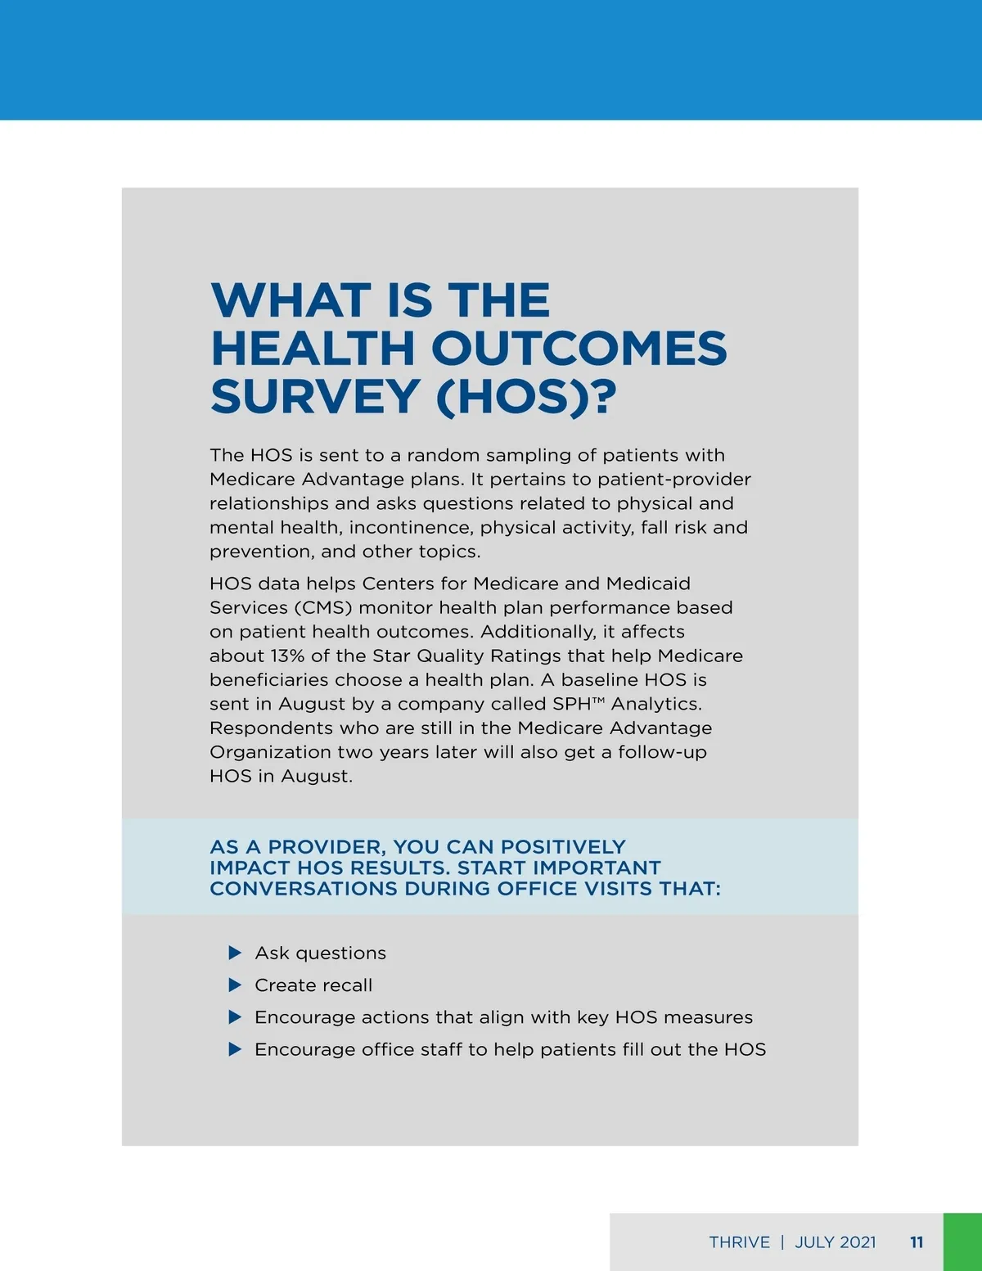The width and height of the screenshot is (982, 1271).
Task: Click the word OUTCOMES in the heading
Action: click(x=579, y=348)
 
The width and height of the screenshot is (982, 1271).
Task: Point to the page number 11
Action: click(x=917, y=1242)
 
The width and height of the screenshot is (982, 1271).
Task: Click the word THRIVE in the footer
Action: click(x=739, y=1242)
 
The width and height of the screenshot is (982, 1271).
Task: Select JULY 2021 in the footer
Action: click(x=835, y=1242)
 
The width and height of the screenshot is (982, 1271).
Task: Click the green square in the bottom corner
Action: click(x=962, y=1242)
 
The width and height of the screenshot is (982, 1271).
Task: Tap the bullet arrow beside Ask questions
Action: click(x=235, y=953)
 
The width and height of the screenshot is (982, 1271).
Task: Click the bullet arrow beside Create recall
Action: click(x=235, y=985)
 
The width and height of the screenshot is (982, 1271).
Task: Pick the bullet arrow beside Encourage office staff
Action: click(x=235, y=1049)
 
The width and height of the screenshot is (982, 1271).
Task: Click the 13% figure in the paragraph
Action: click(x=287, y=656)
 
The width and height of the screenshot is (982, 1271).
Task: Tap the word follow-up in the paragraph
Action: click(x=662, y=752)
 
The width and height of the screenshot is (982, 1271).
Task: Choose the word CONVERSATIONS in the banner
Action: click(x=303, y=889)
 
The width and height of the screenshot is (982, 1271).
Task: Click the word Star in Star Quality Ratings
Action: click(x=391, y=656)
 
